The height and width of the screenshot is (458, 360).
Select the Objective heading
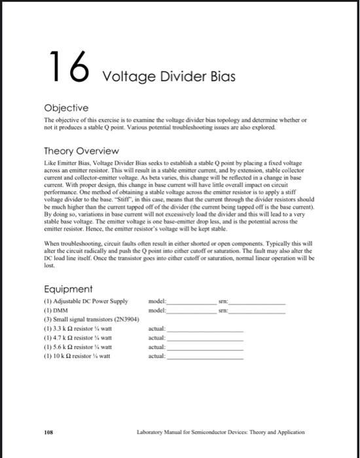(x=65, y=107)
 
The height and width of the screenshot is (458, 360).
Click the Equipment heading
(x=67, y=289)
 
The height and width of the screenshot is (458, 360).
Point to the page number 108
(x=48, y=432)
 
